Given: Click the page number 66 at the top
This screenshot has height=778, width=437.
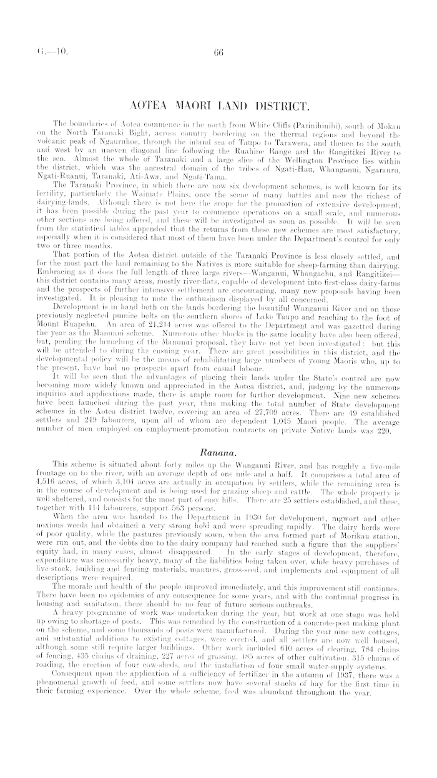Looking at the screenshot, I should tap(218, 54).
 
